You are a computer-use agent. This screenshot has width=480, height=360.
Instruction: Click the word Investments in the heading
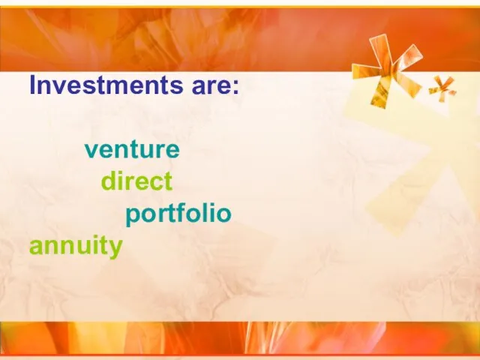tap(106, 85)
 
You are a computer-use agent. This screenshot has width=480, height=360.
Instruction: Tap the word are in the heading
tap(211, 87)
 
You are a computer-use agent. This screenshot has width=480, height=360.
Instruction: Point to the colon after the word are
tap(235, 87)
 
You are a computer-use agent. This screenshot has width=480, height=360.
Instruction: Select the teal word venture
tap(132, 150)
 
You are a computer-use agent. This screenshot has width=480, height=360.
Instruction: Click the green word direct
tap(136, 181)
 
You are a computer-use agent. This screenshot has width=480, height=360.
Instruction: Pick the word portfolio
tap(178, 213)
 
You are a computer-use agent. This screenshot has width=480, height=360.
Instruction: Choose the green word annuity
tap(76, 246)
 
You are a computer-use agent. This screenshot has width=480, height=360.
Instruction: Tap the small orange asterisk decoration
tap(442, 88)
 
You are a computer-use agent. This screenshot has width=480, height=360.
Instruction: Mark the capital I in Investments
tap(32, 85)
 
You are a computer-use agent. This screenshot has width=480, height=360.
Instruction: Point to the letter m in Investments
tap(118, 87)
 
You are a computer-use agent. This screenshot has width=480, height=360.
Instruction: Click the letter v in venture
tap(91, 150)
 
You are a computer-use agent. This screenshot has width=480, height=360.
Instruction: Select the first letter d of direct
tap(109, 181)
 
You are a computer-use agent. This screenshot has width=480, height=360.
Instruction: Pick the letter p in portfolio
tap(133, 216)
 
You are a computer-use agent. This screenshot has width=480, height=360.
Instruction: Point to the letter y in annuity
tap(115, 250)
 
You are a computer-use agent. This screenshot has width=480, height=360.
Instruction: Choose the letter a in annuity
tap(37, 247)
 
